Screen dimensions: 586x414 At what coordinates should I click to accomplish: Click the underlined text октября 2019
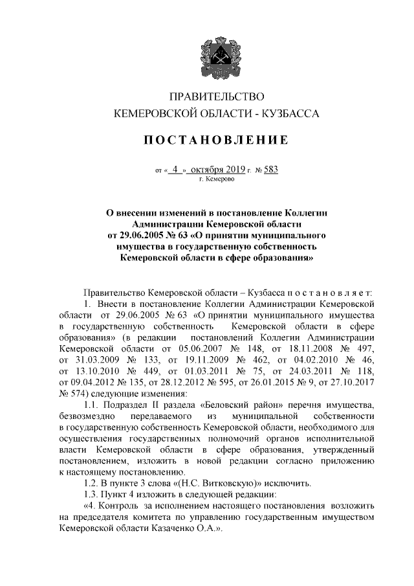coord(217,170)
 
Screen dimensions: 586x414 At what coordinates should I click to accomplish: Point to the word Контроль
coord(121,506)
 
